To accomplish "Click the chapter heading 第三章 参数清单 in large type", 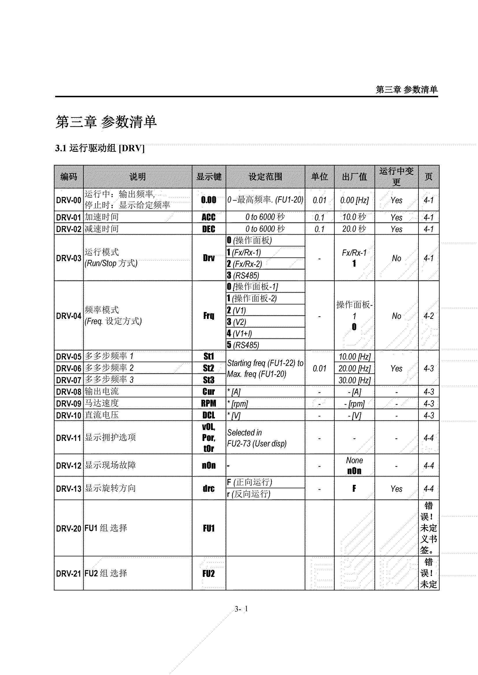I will coord(106,122).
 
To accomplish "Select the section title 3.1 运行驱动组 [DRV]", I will coord(99,148).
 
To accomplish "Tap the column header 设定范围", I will coord(265,177).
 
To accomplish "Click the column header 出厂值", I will coord(354,177).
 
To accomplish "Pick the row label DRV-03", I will coord(68,258).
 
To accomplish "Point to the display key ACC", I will coord(208,217).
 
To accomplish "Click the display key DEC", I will coord(208,229).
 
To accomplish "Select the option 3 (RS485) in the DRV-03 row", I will coord(243,276).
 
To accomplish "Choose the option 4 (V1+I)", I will coord(239,333).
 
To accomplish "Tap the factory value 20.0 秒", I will coord(354,229).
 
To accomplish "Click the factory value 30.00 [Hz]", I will coord(354,380).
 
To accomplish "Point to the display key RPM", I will coord(208,403).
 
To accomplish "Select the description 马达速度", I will coord(101,403).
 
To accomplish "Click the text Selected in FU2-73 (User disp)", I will coord(256,438).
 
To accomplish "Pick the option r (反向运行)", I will coord(249,494).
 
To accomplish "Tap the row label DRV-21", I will coord(68,573).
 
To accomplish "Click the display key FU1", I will coord(208,528).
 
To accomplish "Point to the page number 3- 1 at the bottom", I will coord(241,609).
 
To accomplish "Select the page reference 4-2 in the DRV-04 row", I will coord(429,316).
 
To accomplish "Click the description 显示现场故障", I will coord(110,465).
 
